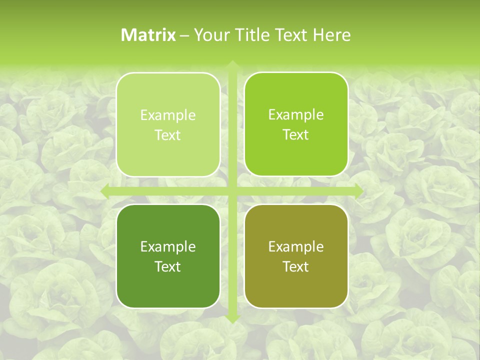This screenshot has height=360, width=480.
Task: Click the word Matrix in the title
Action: (148, 35)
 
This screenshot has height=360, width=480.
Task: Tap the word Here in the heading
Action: (332, 35)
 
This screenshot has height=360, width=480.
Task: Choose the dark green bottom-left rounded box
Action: (168, 285)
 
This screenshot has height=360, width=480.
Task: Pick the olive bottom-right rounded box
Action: (296, 285)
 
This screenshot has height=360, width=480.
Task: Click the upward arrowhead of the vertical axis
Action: (232, 64)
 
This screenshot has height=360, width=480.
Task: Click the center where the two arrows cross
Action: (232, 191)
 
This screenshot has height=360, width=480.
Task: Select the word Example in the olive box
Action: (296, 246)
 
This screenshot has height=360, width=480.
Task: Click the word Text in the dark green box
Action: (168, 266)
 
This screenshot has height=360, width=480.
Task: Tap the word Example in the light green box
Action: (168, 115)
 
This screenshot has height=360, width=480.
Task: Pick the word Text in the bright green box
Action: (296, 135)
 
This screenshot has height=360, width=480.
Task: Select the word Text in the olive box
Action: (296, 266)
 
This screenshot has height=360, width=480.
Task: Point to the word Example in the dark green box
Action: (168, 246)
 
